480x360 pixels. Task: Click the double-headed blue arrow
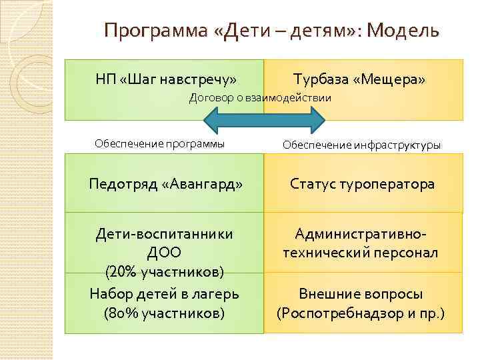(x=264, y=121)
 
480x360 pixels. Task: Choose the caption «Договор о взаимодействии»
(x=260, y=98)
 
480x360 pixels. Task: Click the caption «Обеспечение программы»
(x=159, y=143)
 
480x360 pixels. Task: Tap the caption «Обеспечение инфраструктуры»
(x=361, y=145)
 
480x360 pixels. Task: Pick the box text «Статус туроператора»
(x=362, y=183)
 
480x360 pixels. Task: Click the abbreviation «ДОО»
(x=164, y=253)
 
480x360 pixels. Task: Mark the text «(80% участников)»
(x=164, y=313)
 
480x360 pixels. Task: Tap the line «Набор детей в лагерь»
(x=164, y=294)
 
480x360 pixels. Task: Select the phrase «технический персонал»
(x=361, y=253)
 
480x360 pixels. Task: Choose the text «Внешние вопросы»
(x=361, y=294)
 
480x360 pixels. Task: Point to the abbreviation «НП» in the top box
(x=105, y=79)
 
